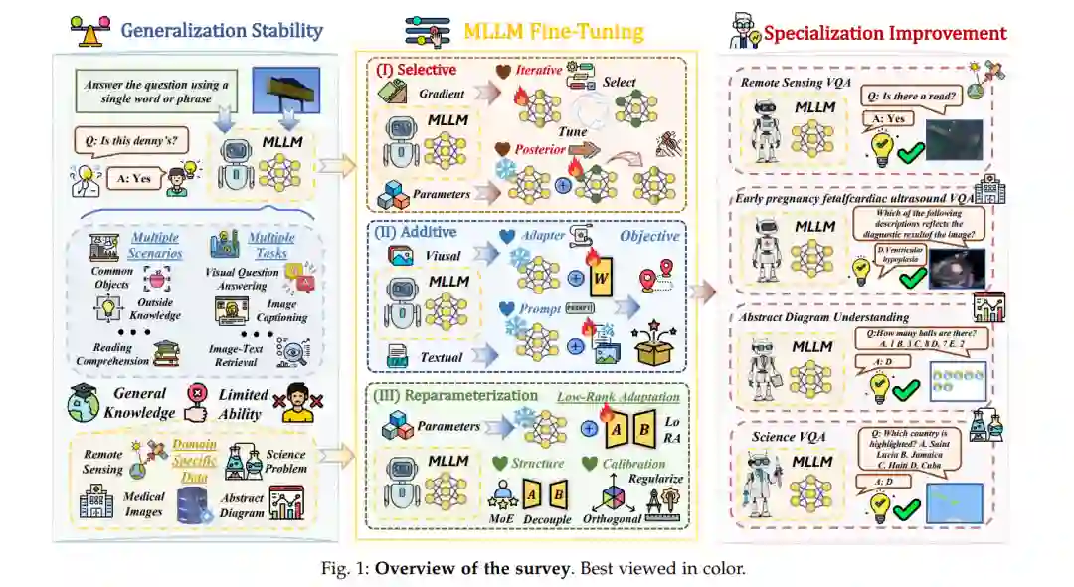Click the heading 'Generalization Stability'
[222, 30]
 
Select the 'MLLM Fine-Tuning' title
[554, 30]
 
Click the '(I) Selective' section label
[415, 71]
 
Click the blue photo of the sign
[285, 90]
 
